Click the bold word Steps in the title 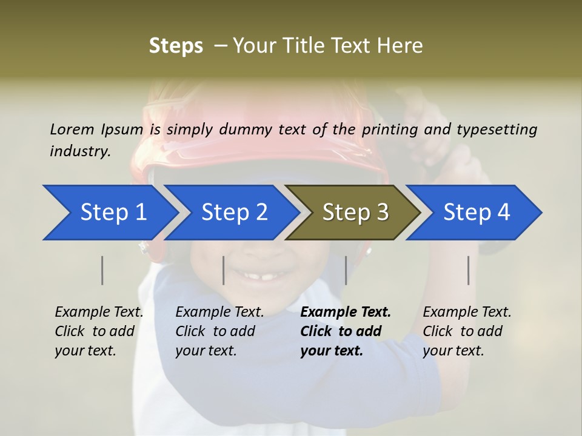(176, 45)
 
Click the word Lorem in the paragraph (72, 129)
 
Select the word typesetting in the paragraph (497, 129)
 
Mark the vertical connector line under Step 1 (102, 270)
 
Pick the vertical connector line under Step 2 (224, 270)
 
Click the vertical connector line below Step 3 (346, 270)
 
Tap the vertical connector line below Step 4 (469, 270)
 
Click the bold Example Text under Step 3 (346, 312)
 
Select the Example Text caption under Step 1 (99, 312)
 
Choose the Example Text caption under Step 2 (219, 312)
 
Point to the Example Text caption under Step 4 (467, 312)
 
